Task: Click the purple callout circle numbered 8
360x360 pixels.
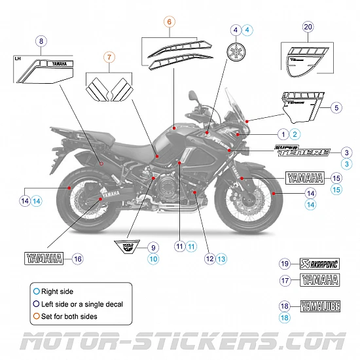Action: [x=41, y=41]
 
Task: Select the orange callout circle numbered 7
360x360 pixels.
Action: [x=109, y=58]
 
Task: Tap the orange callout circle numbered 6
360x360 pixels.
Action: [x=169, y=22]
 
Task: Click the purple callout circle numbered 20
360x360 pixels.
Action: [x=308, y=27]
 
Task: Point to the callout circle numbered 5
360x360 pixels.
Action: [x=336, y=107]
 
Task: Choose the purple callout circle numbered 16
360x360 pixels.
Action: [x=78, y=259]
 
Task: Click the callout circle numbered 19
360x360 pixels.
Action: [x=284, y=264]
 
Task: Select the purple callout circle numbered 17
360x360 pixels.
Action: [x=284, y=280]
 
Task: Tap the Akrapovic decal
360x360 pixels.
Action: [x=320, y=264]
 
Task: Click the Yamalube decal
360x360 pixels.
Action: [x=320, y=305]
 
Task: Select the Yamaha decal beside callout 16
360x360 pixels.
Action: [x=43, y=258]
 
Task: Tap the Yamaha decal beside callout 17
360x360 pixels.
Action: [x=320, y=280]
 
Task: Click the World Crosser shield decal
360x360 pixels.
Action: [x=128, y=247]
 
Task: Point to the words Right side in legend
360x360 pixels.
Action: [x=58, y=291]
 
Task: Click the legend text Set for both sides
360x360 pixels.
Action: [x=73, y=316]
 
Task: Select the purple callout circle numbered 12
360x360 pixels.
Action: [x=209, y=259]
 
